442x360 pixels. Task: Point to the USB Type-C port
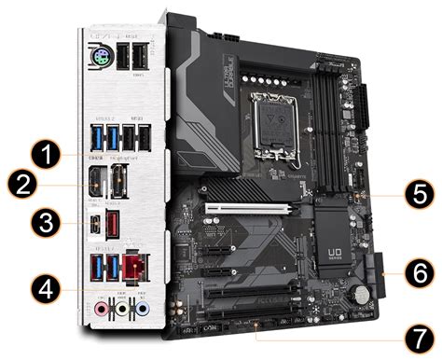point(98,226)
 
